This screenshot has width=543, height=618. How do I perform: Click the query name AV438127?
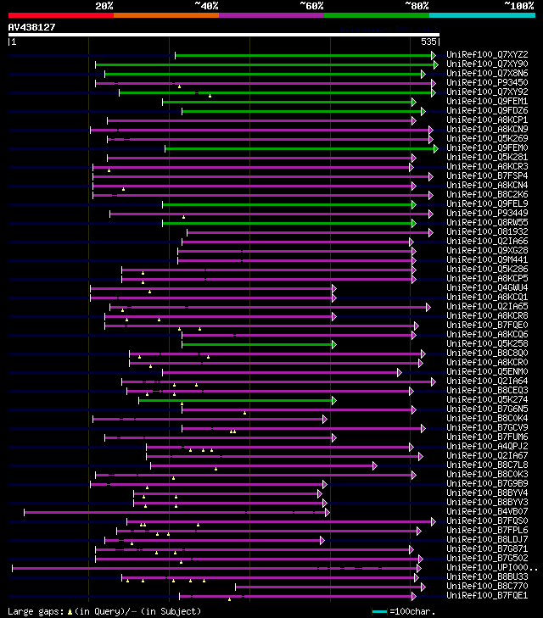31,27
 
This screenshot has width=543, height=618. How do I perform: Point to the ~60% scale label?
311,5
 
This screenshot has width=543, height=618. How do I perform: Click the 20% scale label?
104,5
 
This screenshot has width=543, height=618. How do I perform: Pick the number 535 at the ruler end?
428,41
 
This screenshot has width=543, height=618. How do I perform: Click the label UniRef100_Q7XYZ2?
487,55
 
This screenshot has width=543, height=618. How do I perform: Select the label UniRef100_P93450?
487,83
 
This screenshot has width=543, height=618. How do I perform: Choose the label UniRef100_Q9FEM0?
487,148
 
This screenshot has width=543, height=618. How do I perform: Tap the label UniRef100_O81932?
487,232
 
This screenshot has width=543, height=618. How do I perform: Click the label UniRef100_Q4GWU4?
487,288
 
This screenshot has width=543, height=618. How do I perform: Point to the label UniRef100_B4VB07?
487,512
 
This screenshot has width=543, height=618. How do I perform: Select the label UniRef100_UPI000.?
490,568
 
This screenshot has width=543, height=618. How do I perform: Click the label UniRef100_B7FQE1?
487,596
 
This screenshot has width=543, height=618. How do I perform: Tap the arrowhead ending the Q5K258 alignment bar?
334,344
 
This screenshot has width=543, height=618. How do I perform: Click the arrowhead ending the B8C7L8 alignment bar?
374,465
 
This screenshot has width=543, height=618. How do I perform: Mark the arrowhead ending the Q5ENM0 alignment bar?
399,372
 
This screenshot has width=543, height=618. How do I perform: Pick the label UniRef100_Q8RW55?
487,223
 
